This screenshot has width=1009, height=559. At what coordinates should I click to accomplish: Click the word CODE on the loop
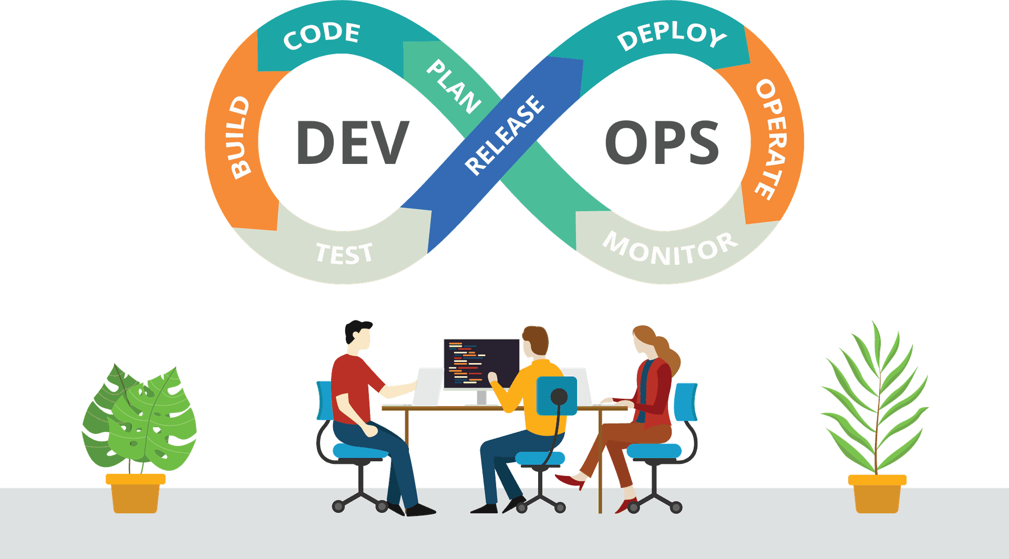pyautogui.click(x=322, y=36)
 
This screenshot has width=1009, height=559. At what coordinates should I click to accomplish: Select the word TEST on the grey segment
pyautogui.click(x=345, y=253)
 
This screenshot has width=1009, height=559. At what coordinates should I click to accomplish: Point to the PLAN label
pyautogui.click(x=454, y=86)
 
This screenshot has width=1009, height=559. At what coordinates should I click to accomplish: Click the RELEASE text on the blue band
pyautogui.click(x=505, y=135)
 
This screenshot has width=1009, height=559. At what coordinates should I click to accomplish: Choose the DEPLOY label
pyautogui.click(x=672, y=36)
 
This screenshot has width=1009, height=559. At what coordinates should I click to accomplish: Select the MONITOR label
pyautogui.click(x=670, y=248)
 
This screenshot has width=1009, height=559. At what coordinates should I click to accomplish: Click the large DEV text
pyautogui.click(x=353, y=142)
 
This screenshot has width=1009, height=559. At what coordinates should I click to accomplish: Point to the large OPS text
pyautogui.click(x=662, y=142)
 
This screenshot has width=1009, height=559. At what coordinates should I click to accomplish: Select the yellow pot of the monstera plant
pyautogui.click(x=136, y=493)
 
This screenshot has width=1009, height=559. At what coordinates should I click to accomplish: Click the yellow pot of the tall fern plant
pyautogui.click(x=877, y=494)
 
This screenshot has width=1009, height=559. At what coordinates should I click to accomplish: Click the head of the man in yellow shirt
pyautogui.click(x=536, y=342)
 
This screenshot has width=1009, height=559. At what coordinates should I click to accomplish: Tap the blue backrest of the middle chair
pyautogui.click(x=557, y=396)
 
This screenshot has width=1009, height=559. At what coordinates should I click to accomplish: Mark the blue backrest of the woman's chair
pyautogui.click(x=686, y=402)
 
